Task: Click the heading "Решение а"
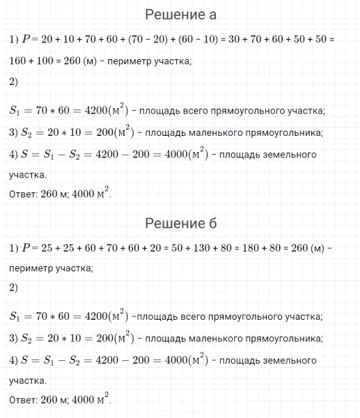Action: pyautogui.click(x=180, y=15)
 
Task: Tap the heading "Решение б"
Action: pyautogui.click(x=180, y=224)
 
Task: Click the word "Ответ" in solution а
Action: pyautogui.click(x=23, y=195)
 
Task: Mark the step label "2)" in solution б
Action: pyautogui.click(x=14, y=287)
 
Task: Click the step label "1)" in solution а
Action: pyautogui.click(x=14, y=40)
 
